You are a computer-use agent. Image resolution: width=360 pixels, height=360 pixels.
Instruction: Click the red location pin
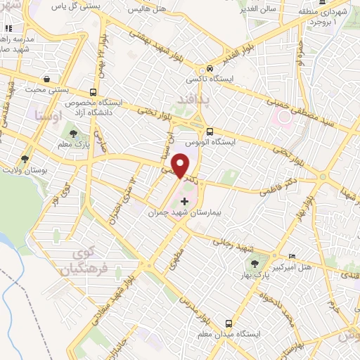tap(181, 166)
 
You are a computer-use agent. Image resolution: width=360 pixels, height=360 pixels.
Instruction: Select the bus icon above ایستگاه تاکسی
tap(209, 69)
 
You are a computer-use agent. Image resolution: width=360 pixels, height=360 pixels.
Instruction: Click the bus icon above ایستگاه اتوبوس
tap(209, 131)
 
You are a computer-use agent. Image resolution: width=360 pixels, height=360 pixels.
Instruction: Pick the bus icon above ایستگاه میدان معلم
tap(229, 323)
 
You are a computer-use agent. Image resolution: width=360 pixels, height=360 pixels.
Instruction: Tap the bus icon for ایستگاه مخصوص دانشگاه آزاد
tap(94, 92)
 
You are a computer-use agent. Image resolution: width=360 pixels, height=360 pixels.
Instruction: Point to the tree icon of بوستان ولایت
tap(25, 160)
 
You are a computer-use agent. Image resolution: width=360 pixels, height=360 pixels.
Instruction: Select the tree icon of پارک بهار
tap(255, 264)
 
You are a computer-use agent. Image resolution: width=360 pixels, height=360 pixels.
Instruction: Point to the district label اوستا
tap(44, 115)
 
